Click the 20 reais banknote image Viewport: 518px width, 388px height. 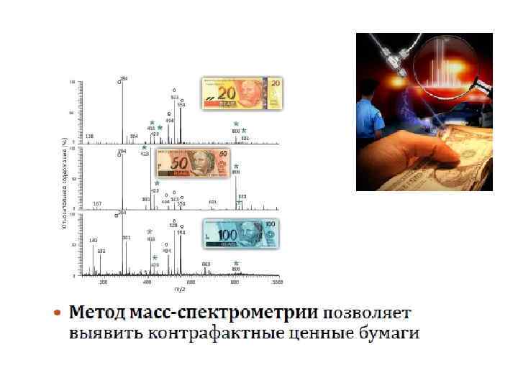click(x=242, y=93)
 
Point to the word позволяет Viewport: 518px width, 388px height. click(x=368, y=314)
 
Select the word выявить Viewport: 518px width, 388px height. click(x=105, y=334)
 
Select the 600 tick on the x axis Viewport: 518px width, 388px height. click(x=191, y=282)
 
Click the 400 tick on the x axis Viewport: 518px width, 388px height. click(x=147, y=282)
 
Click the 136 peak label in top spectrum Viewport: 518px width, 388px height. click(x=89, y=135)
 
